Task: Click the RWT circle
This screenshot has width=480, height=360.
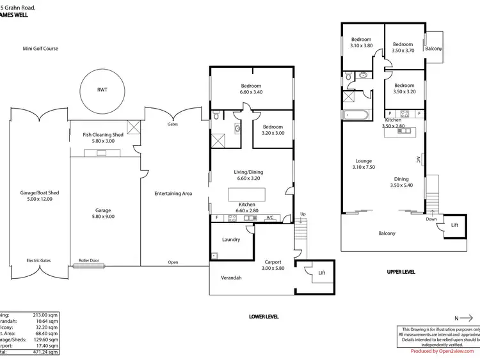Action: (x=102, y=90)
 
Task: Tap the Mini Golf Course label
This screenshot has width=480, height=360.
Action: (x=40, y=48)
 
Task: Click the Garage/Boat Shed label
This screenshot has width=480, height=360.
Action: (x=40, y=196)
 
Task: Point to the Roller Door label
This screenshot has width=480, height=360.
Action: (x=89, y=260)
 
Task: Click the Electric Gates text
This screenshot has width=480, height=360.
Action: (x=38, y=260)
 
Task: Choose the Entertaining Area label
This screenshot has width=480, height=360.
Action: (x=173, y=193)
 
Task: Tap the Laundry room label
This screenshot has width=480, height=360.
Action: (x=231, y=240)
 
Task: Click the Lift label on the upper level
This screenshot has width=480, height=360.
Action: (x=454, y=225)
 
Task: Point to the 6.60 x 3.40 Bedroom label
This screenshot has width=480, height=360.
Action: (x=251, y=89)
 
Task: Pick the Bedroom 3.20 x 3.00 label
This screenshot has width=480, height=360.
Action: (x=273, y=130)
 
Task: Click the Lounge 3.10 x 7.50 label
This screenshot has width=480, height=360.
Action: (x=364, y=164)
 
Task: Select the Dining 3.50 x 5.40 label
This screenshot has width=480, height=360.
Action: (x=401, y=182)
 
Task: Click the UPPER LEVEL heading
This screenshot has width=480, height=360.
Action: (x=401, y=272)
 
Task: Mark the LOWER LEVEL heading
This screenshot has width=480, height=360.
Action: (x=264, y=317)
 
